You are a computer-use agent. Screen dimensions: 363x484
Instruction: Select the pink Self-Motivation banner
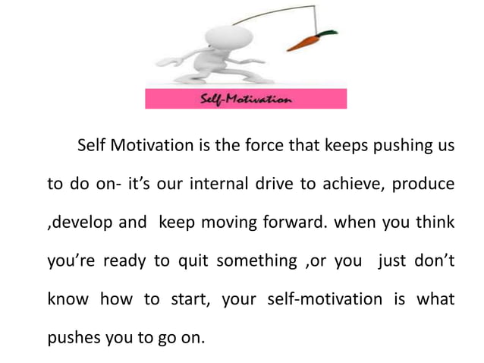click(246, 99)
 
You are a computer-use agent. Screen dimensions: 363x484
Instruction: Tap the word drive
click(266, 186)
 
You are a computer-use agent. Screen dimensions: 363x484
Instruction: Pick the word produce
click(423, 186)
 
